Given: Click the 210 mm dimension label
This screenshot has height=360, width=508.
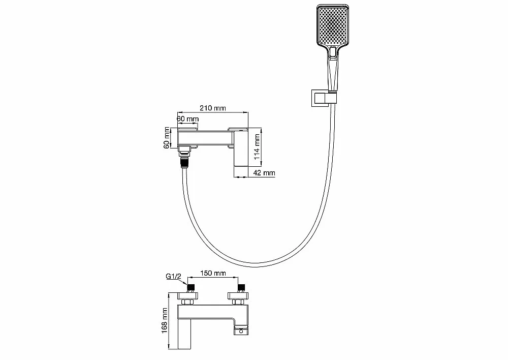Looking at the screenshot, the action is (212, 108).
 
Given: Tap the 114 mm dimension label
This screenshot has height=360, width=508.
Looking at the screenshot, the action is (257, 147).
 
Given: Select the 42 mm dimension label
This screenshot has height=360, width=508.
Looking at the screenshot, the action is (264, 173).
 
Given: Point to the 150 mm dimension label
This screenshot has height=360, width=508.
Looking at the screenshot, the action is (212, 273).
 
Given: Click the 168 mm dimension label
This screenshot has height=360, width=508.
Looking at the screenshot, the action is (165, 320).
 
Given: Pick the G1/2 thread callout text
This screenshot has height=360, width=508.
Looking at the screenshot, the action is (174, 276).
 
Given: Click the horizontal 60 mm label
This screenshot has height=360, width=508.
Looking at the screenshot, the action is (187, 118).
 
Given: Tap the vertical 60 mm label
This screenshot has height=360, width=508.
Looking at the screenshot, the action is (167, 138).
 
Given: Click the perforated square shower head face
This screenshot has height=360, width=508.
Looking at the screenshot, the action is (333, 24).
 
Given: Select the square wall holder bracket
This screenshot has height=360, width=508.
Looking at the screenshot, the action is (320, 98).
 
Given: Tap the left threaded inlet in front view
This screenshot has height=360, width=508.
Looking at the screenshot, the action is (191, 288).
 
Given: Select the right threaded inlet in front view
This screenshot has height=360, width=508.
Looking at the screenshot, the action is (242, 288).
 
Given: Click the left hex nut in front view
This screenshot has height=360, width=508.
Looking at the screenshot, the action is (187, 302).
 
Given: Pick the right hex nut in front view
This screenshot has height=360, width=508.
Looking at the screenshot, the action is (238, 302).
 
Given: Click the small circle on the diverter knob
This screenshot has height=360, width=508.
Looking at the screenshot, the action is (241, 331).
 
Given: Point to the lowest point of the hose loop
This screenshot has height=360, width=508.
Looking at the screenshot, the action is (256, 265).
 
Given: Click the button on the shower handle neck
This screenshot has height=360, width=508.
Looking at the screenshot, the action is (333, 53).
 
